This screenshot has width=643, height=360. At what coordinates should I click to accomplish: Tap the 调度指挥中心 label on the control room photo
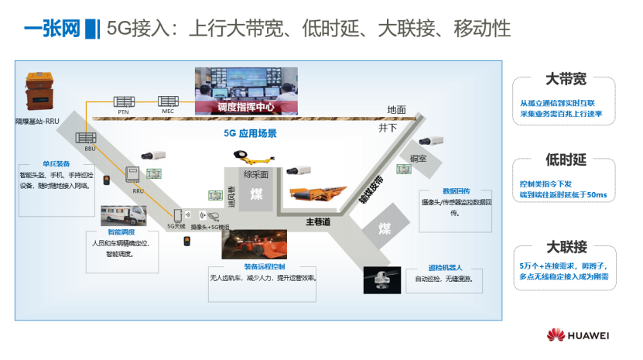pyautogui.click(x=246, y=107)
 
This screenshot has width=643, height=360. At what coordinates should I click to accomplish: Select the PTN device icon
pyautogui.click(x=123, y=101)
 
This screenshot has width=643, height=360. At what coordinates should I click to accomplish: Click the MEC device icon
pyautogui.click(x=168, y=101)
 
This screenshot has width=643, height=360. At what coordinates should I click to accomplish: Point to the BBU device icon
pyautogui.click(x=85, y=138)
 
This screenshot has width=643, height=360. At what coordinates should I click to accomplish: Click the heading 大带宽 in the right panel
pyautogui.click(x=565, y=80)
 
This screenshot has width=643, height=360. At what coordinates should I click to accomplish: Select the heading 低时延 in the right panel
pyautogui.click(x=565, y=160)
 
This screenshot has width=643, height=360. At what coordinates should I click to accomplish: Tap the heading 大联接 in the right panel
pyautogui.click(x=565, y=247)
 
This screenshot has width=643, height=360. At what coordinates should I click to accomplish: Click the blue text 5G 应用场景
pyautogui.click(x=250, y=133)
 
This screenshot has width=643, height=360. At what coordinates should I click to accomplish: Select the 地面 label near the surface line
pyautogui.click(x=397, y=110)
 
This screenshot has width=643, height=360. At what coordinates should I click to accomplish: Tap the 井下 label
pyautogui.click(x=388, y=126)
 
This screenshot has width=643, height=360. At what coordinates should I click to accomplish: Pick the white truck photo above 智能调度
pyautogui.click(x=119, y=216)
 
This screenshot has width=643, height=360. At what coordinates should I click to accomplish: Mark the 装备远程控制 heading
pyautogui.click(x=265, y=266)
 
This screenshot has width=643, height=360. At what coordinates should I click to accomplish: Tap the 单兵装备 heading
pyautogui.click(x=56, y=164)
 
